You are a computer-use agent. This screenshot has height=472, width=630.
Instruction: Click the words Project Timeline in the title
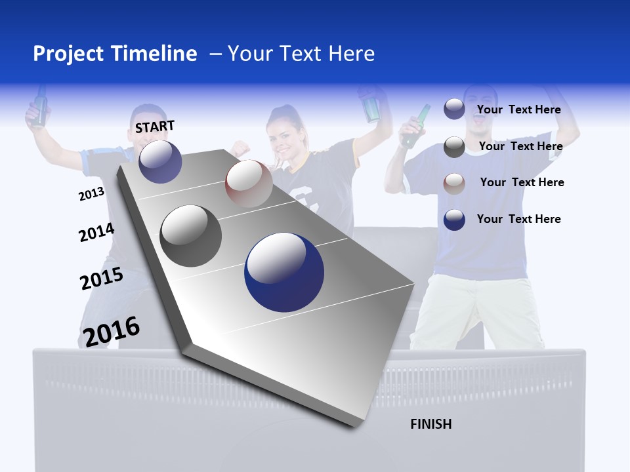coord(115,54)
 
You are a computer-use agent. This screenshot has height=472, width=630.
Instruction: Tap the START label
coord(155,127)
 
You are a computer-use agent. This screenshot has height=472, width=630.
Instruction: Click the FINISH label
coord(431,424)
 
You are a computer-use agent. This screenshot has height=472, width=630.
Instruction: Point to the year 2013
coord(91,194)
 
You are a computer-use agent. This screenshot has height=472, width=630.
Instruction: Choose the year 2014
coord(96,233)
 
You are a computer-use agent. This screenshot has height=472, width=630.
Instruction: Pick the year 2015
coord(102,279)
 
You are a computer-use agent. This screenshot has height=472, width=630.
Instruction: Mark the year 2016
coord(112,331)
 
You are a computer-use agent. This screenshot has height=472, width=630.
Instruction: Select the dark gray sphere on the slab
coord(191,236)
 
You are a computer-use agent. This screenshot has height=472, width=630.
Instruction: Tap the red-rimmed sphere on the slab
coord(249,184)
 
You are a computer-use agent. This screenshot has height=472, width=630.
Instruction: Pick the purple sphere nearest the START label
coord(160,161)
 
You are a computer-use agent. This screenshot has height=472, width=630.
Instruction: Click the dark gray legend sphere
coord(454,147)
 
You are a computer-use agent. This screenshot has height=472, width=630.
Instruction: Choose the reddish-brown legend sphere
coord(454,183)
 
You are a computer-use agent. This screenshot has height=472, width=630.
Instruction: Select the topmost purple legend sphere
coord(454,109)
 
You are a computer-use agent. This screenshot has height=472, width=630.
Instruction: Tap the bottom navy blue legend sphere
coord(454,220)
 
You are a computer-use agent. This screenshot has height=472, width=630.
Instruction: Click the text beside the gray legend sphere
coord(521,146)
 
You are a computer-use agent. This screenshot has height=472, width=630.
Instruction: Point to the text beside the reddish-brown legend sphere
coord(522,182)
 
